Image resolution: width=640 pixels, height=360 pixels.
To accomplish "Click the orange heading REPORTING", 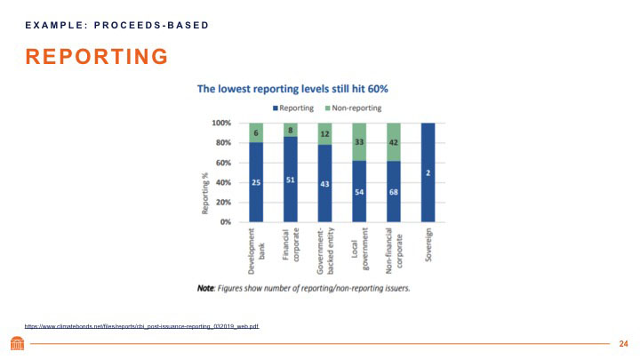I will (x=97, y=58).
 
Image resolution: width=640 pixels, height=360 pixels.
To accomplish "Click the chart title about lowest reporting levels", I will (x=292, y=89).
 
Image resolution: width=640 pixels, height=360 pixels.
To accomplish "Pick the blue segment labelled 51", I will (x=290, y=179).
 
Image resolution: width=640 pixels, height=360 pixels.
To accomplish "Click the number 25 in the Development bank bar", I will (x=255, y=182).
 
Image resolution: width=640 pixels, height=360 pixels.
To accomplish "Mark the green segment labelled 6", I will (x=255, y=132).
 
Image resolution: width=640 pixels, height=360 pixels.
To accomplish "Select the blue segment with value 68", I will (x=393, y=191).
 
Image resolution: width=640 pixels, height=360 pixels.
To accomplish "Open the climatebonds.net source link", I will (x=141, y=327).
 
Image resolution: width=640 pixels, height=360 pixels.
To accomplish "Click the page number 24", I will (x=623, y=343).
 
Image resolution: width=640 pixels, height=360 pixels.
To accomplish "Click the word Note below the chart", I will (x=209, y=289).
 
